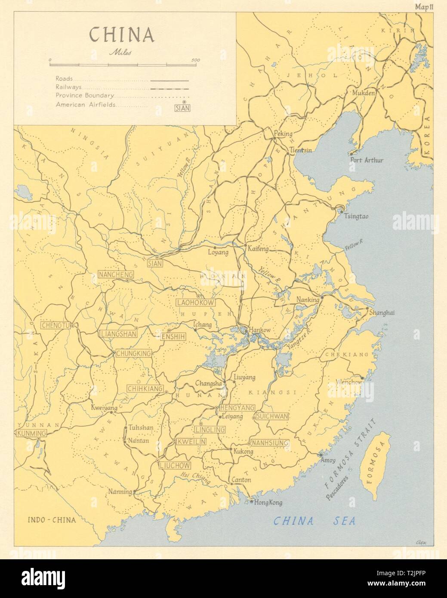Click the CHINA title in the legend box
(x=121, y=35)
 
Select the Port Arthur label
(x=367, y=160)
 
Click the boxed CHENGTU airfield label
(x=55, y=325)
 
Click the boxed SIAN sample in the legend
(x=182, y=108)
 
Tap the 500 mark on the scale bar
(x=195, y=60)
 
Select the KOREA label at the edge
(x=427, y=136)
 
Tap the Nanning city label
(x=120, y=492)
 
